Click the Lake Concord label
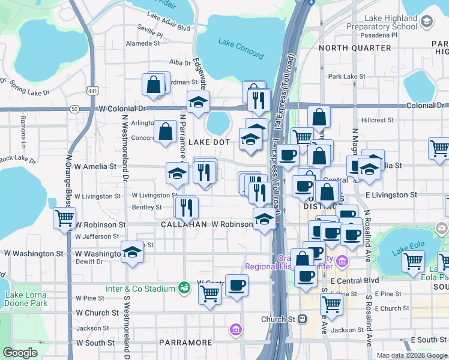pos(241,49)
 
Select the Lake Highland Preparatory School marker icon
pos(427,22)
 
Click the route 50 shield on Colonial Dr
pos(74,109)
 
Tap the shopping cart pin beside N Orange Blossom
pos(64,218)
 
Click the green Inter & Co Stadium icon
pos(185,289)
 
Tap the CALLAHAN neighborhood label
pos(183,224)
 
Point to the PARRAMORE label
pos(185,343)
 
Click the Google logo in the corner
pos(20,353)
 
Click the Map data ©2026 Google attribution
pos(412,355)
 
